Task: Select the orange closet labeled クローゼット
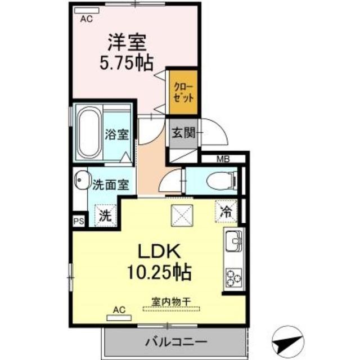tap(185, 92)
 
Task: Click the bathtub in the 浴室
tap(89, 133)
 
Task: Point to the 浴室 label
tap(117, 135)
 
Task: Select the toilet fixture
tap(219, 181)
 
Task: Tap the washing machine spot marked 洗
tap(105, 214)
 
